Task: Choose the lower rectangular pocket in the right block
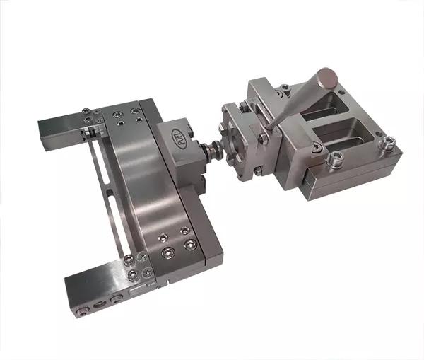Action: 346,141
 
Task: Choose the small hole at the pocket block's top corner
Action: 285,88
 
